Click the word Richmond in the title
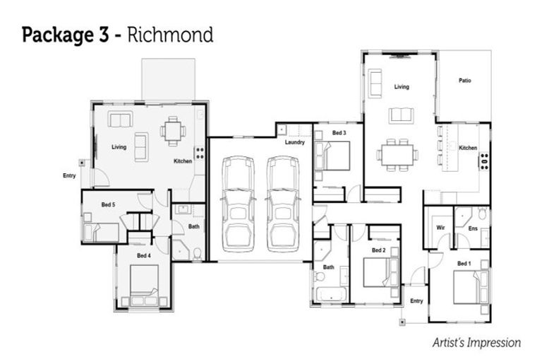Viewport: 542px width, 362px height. click(x=169, y=34)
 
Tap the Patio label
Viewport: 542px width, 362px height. click(x=464, y=81)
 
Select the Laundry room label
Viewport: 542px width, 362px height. click(x=295, y=142)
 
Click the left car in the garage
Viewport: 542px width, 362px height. click(x=238, y=203)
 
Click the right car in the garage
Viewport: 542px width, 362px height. click(x=282, y=203)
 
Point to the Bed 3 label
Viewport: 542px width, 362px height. click(x=339, y=133)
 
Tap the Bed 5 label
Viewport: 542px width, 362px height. click(x=108, y=205)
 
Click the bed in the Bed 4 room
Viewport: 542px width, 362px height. click(x=144, y=281)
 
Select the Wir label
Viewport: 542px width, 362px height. click(x=440, y=228)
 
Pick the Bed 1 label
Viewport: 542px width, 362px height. click(x=463, y=264)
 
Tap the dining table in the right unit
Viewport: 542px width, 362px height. click(x=396, y=154)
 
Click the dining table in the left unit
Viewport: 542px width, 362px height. click(x=173, y=131)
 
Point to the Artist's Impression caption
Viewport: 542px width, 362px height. click(x=477, y=343)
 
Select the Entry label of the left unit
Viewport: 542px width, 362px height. click(x=69, y=175)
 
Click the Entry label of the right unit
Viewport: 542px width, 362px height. click(x=416, y=301)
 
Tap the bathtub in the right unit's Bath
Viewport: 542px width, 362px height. click(x=330, y=293)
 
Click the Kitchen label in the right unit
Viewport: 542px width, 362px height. click(x=468, y=148)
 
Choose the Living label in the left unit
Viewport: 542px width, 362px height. click(x=119, y=147)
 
